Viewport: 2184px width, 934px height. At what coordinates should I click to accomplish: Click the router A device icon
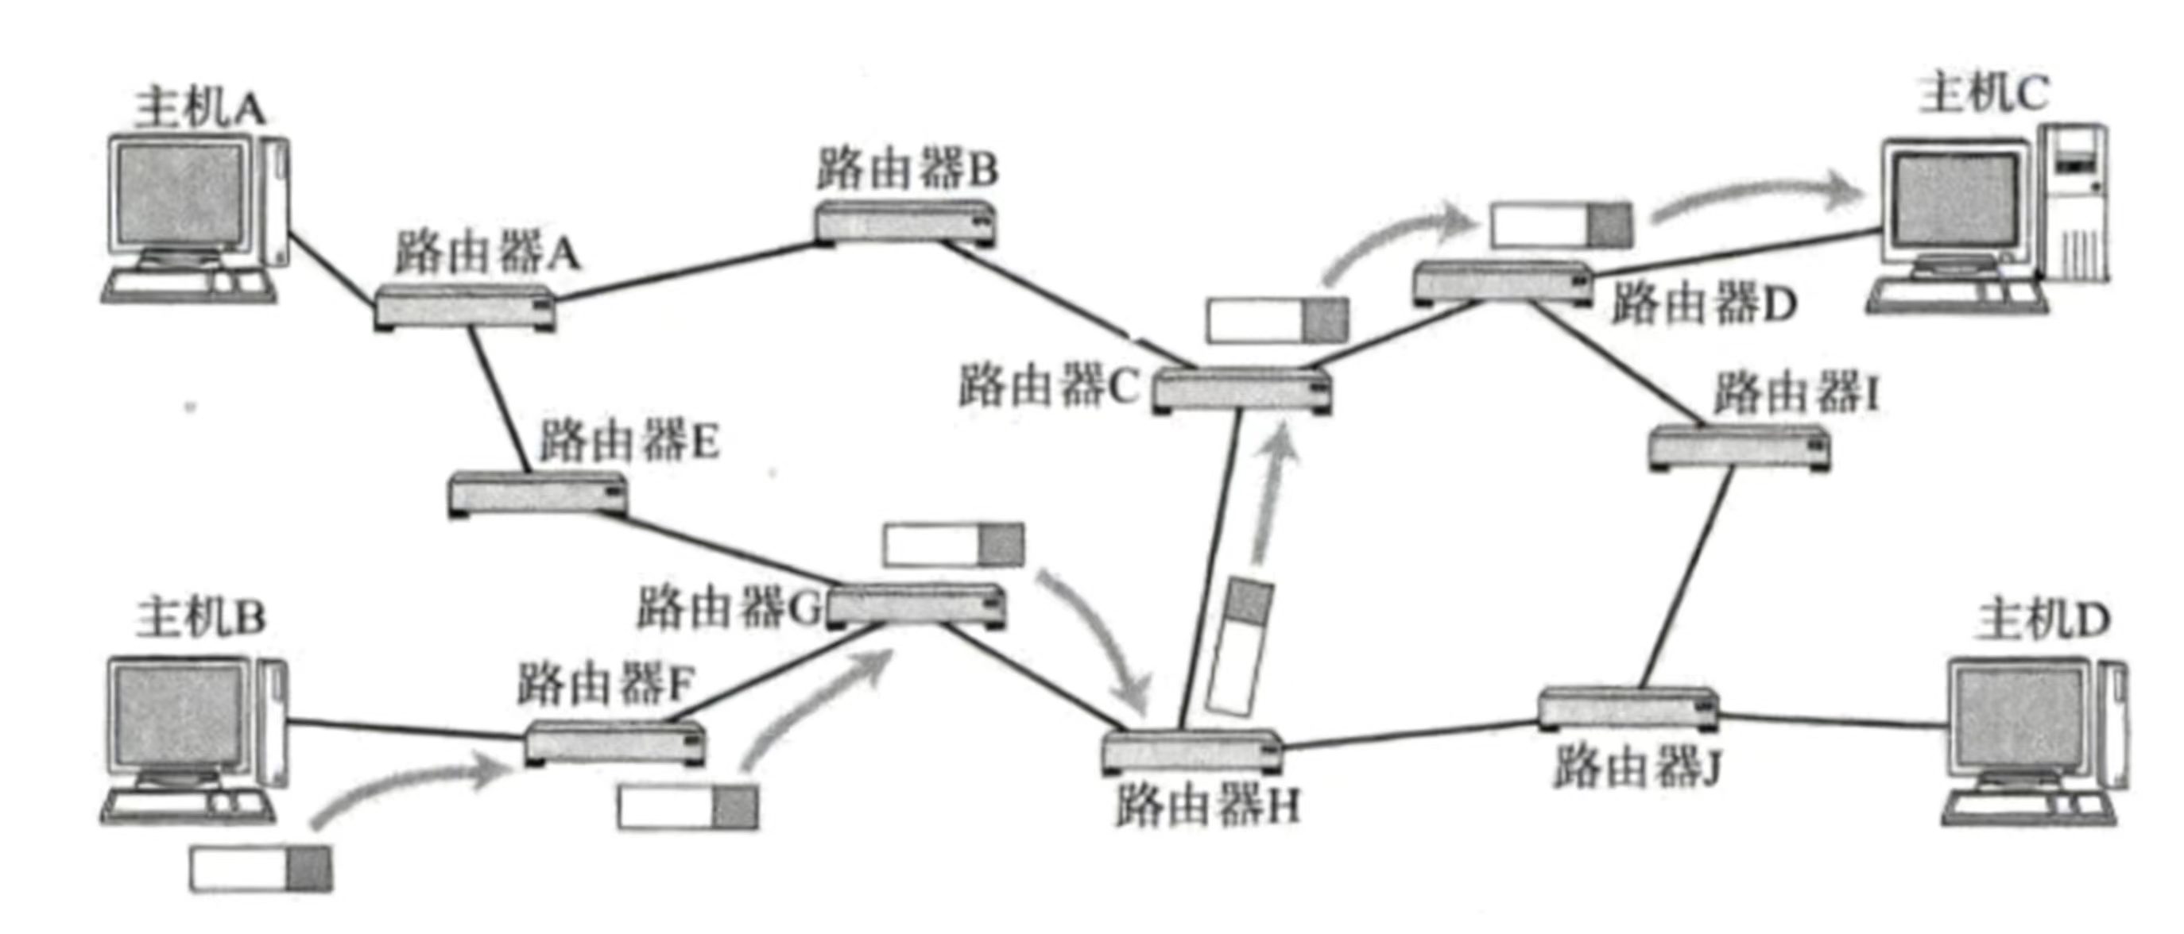(465, 307)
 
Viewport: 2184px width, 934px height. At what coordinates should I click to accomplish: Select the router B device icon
(905, 224)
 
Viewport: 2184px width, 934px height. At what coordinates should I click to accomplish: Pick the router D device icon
(1503, 283)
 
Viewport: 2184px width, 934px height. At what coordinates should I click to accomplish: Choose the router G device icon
(916, 605)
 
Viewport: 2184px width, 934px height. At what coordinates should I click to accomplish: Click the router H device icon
(1192, 751)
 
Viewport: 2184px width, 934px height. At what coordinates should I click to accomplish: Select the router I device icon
(1739, 447)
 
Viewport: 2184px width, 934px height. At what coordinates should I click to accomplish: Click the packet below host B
(260, 869)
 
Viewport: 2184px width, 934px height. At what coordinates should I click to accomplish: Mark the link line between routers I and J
(1684, 585)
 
